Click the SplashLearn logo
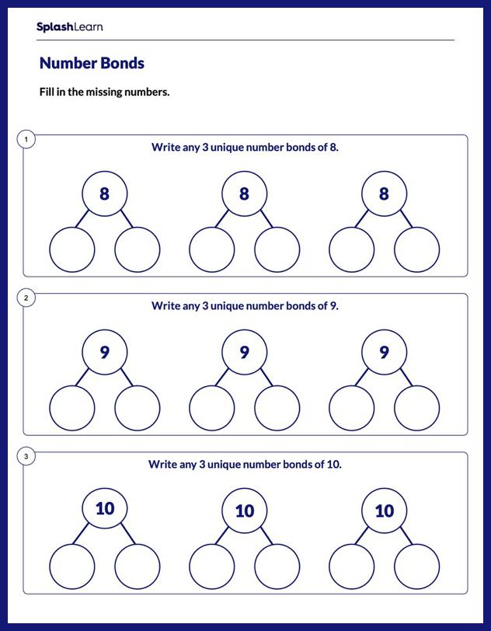pyautogui.click(x=69, y=27)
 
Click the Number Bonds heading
pyautogui.click(x=92, y=64)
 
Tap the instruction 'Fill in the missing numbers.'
pyautogui.click(x=104, y=92)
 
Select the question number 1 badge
pyautogui.click(x=26, y=140)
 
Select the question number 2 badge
pyautogui.click(x=26, y=298)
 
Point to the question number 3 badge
pyautogui.click(x=26, y=457)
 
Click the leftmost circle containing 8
pyautogui.click(x=105, y=194)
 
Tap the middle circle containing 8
pyautogui.click(x=244, y=194)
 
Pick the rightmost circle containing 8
pyautogui.click(x=384, y=194)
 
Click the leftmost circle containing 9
pyautogui.click(x=105, y=353)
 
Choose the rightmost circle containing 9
pyautogui.click(x=384, y=353)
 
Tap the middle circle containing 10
pyautogui.click(x=244, y=511)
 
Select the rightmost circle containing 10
pyautogui.click(x=384, y=511)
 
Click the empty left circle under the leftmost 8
pyautogui.click(x=72, y=250)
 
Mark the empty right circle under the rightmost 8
pyautogui.click(x=416, y=250)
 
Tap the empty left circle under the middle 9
pyautogui.click(x=211, y=408)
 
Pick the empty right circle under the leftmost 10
pyautogui.click(x=138, y=567)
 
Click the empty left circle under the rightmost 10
pyautogui.click(x=351, y=567)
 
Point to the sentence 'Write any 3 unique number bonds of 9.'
pyautogui.click(x=245, y=305)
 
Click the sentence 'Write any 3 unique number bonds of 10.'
pyautogui.click(x=245, y=464)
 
